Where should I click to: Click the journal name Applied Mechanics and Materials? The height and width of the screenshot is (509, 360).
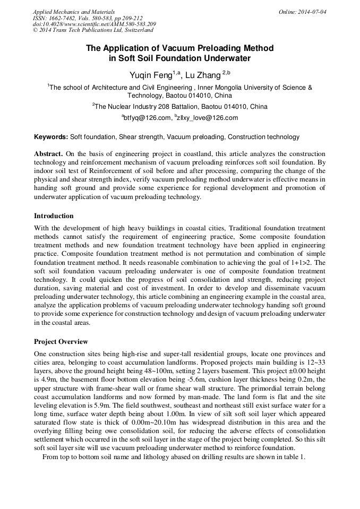(x=74, y=12)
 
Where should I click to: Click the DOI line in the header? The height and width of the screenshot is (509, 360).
(x=94, y=24)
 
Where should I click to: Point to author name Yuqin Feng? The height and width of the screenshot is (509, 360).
(x=150, y=75)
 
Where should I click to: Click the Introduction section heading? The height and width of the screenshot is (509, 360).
(x=54, y=216)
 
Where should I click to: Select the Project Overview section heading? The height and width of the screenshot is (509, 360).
(x=61, y=341)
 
